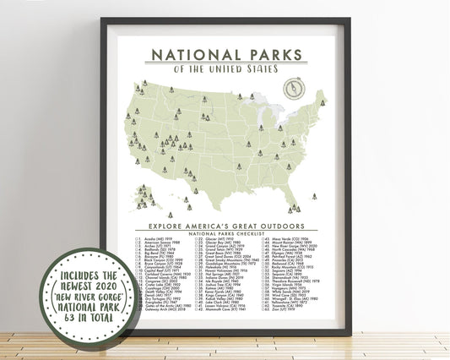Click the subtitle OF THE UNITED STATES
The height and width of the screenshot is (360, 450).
pyautogui.click(x=230, y=71)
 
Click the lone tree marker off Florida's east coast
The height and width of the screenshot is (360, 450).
pyautogui.click(x=314, y=195)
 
